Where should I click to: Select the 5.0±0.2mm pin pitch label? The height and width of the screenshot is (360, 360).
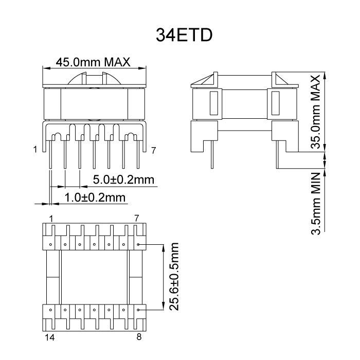coord(124,179)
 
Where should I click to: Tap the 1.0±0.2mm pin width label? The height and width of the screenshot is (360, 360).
coord(95,197)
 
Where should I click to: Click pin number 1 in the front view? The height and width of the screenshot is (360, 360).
coord(34,150)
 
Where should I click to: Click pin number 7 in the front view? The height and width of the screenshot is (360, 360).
coord(153,150)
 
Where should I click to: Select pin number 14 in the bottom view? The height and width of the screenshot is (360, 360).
coord(50,337)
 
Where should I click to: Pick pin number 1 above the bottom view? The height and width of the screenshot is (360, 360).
coord(51,219)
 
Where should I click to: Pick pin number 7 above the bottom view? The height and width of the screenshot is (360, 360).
coord(137,219)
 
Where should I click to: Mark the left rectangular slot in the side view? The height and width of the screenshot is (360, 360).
coord(213,102)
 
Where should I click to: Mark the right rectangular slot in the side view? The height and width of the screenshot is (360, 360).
coord(275,102)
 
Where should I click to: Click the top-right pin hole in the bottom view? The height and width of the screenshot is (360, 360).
coord(139,244)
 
